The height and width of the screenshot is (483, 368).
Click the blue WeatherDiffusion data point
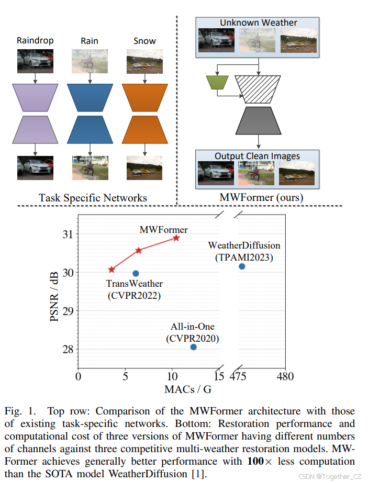point(242,266)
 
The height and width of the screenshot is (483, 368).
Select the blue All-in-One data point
point(194,347)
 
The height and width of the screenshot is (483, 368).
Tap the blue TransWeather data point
point(136,273)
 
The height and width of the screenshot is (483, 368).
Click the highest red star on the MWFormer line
point(176,238)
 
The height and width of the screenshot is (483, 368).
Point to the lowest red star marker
point(111,269)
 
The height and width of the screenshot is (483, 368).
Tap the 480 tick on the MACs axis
point(285,377)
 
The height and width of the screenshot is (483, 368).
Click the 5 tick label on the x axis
point(126,377)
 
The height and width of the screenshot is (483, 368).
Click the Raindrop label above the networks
point(35,40)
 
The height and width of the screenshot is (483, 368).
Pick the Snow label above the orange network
point(144,40)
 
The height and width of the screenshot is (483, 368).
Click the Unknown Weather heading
point(258,23)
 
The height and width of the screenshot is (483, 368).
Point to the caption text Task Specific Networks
point(93,198)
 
